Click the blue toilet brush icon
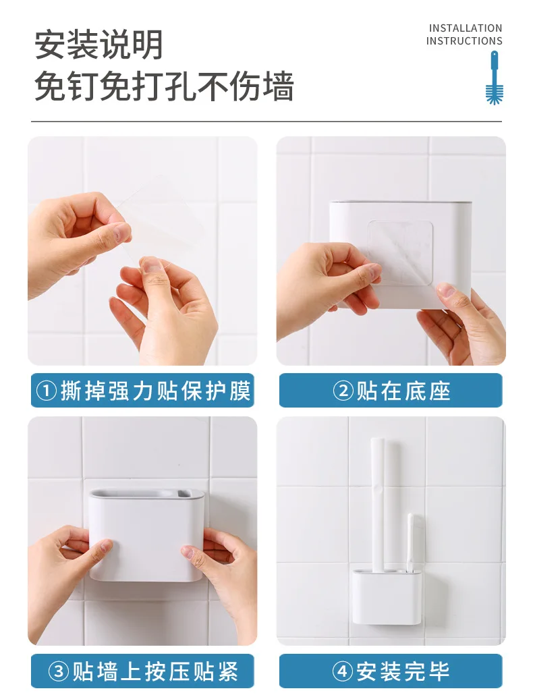click(494, 78)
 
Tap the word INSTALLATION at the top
click(466, 28)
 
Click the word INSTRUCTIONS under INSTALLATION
click(464, 41)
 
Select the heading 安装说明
click(99, 45)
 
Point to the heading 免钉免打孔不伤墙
click(164, 86)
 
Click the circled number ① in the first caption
click(47, 391)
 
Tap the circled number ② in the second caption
click(343, 391)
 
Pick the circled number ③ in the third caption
click(59, 671)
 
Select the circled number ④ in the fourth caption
click(343, 671)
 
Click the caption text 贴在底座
click(403, 391)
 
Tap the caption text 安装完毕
click(403, 671)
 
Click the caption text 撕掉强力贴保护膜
click(156, 391)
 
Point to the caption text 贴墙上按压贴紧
click(156, 671)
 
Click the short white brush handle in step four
click(414, 542)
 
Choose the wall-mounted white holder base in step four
click(387, 596)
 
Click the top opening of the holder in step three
click(146, 493)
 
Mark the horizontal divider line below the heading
click(266, 121)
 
